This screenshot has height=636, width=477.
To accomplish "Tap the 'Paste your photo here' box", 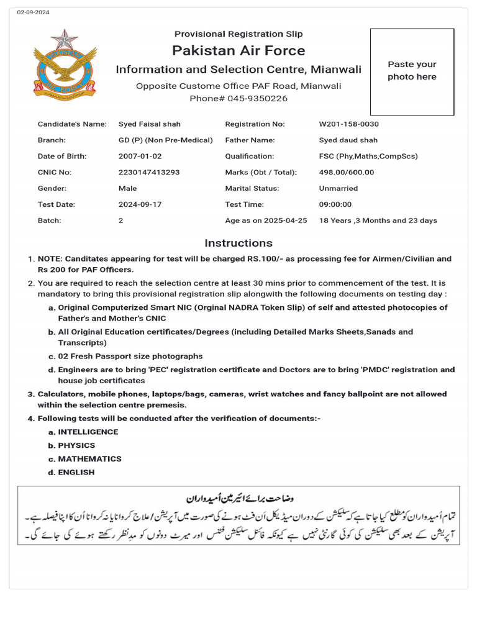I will [412, 71].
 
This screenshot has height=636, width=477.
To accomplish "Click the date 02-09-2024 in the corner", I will [34, 12].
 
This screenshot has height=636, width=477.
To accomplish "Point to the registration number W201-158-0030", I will [348, 124].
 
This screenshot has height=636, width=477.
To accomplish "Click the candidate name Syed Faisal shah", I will [150, 124].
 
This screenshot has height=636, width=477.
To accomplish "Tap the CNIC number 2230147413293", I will [149, 172].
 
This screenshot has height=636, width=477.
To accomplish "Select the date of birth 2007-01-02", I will [140, 157].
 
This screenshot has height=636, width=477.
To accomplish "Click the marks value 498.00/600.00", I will [347, 172].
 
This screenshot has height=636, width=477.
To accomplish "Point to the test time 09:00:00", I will [335, 204].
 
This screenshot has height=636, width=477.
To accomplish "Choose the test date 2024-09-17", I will [140, 204].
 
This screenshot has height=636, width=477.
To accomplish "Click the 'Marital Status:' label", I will [252, 188].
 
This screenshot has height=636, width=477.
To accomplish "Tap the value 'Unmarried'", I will [338, 188].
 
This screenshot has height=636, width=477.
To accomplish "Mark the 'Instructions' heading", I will [238, 243].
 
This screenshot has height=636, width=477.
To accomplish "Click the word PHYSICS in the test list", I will [76, 445].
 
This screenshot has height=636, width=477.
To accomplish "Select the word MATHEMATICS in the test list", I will [89, 459].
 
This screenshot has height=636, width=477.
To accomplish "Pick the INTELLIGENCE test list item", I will [88, 432].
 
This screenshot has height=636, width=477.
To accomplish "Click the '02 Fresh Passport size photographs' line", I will [130, 357].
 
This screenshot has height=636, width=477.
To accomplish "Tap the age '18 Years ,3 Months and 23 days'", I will [378, 220].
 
